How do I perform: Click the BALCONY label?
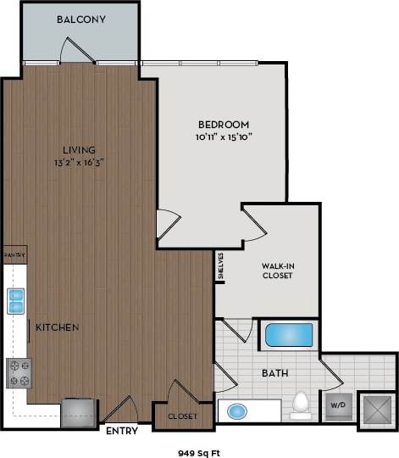point(81,20)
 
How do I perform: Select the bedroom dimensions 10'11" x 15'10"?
point(224,136)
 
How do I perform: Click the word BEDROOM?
point(224,124)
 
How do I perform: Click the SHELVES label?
point(220,265)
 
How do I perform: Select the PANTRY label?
point(14,254)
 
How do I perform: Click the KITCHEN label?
point(58,327)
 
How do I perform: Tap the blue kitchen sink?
point(15,299)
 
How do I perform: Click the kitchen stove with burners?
point(18,371)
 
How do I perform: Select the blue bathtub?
point(289,335)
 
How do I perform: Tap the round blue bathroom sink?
point(237,412)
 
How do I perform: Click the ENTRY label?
point(122,431)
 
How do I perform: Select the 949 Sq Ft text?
point(198,450)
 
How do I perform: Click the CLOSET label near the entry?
point(182,416)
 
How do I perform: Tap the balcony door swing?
point(79,51)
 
